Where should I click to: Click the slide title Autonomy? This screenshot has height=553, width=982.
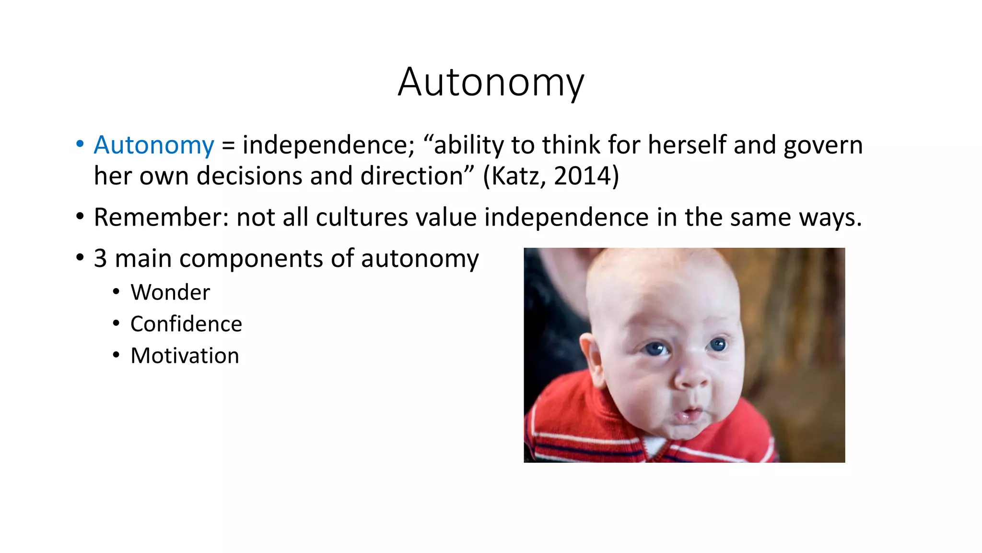(x=491, y=83)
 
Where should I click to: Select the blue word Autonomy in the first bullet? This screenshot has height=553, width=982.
(x=154, y=145)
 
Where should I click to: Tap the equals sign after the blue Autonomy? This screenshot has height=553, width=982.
(x=228, y=146)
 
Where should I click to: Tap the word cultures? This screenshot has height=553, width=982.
(x=362, y=217)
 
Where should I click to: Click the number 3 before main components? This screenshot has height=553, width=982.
(x=100, y=258)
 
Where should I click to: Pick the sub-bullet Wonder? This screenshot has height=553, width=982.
(x=170, y=292)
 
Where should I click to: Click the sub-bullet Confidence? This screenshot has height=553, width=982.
(x=186, y=324)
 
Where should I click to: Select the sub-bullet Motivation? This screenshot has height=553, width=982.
(x=185, y=356)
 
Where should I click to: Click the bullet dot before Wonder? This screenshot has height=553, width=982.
(x=116, y=291)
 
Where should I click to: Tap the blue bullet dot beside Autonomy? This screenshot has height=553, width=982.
(x=80, y=144)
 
